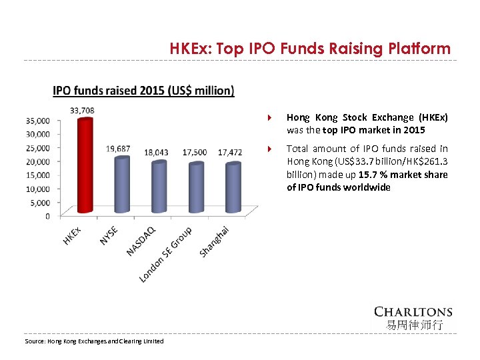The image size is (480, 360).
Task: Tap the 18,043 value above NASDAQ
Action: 156,152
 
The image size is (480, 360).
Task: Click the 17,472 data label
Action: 230,152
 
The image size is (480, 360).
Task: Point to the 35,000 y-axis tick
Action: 38,121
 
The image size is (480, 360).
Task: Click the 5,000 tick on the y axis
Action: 40,203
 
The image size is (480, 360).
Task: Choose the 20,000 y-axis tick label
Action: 38,161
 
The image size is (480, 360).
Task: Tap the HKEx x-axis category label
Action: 72,235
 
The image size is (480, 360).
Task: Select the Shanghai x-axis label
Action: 215,241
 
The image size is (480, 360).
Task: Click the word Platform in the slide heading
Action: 422,49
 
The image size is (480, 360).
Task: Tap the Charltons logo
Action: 413,317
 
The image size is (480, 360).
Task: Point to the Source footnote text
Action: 93,341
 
